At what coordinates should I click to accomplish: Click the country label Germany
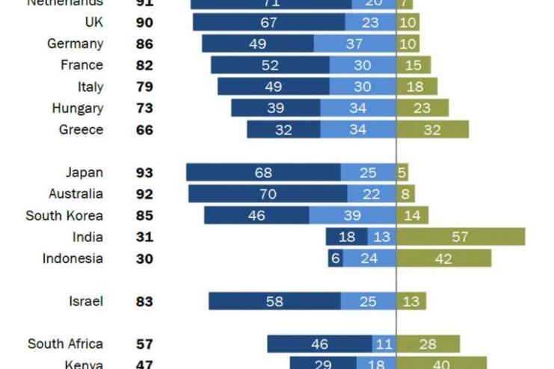(x=75, y=43)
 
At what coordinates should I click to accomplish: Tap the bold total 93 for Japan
(x=144, y=173)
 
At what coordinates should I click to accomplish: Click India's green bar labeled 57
(x=461, y=238)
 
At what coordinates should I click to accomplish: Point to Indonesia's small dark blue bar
(x=335, y=258)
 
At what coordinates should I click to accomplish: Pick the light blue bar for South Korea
(x=352, y=216)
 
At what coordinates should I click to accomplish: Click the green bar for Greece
(x=432, y=130)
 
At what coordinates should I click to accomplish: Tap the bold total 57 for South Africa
(x=144, y=344)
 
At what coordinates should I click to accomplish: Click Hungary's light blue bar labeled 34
(x=358, y=108)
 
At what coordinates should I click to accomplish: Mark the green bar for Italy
(x=416, y=87)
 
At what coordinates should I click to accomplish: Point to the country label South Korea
(x=64, y=216)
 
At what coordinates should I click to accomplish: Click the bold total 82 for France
(x=144, y=65)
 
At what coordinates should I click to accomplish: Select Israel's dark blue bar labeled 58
(x=274, y=302)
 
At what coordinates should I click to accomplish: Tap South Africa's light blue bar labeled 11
(x=384, y=344)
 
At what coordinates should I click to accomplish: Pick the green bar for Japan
(x=402, y=173)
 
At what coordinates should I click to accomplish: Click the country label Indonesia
(x=73, y=258)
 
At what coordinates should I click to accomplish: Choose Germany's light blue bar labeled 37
(x=355, y=43)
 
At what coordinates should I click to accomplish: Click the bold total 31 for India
(x=144, y=238)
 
